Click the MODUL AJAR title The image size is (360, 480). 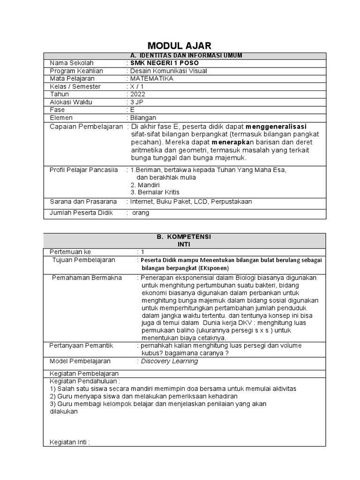coord(180,45)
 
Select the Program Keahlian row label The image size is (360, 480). coord(76,71)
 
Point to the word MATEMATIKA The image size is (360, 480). coord(151,78)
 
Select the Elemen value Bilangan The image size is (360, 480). coord(143,118)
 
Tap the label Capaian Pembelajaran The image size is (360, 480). coord(86,127)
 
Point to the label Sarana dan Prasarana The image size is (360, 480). coord(83,202)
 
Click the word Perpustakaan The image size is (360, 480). coord(232,202)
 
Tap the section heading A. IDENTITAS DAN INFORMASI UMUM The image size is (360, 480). coord(184,55)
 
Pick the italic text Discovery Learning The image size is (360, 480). coord(169,361)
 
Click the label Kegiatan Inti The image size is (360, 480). coord(69,442)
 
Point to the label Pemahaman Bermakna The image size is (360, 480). coord(87,277)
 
